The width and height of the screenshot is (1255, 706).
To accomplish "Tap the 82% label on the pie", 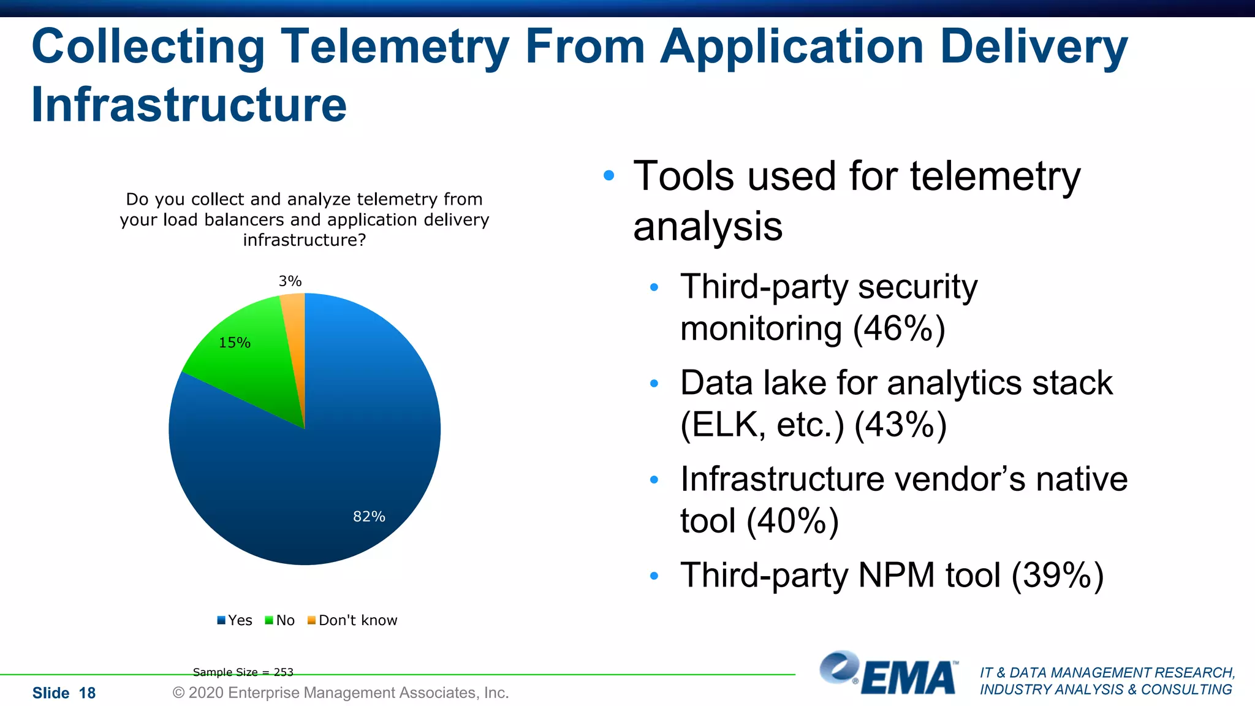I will pos(369,517).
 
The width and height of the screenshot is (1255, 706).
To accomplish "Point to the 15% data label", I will pos(235,343).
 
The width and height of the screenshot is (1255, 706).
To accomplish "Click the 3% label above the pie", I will pos(290,281).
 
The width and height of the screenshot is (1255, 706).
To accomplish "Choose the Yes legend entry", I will pos(235,620).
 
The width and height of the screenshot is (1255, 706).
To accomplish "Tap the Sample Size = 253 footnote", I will pos(243,672).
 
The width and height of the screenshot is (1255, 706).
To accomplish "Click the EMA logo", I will pos(889,674).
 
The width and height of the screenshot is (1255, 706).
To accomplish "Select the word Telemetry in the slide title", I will pos(395,47).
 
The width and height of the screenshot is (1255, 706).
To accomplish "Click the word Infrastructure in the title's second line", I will pos(189,105).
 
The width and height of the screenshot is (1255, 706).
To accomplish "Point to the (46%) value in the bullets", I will pos(899,328).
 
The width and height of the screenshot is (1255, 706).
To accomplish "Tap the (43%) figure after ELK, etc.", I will pos(900,425).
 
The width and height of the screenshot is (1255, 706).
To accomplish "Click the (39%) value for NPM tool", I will pos(1058,575).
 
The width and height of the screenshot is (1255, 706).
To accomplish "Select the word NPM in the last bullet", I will pos(897,575).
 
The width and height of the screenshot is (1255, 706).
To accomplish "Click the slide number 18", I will pos(87,693).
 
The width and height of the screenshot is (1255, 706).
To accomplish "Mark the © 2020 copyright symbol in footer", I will pos(178,693).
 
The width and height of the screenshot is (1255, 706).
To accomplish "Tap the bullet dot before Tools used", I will pos(609,176).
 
